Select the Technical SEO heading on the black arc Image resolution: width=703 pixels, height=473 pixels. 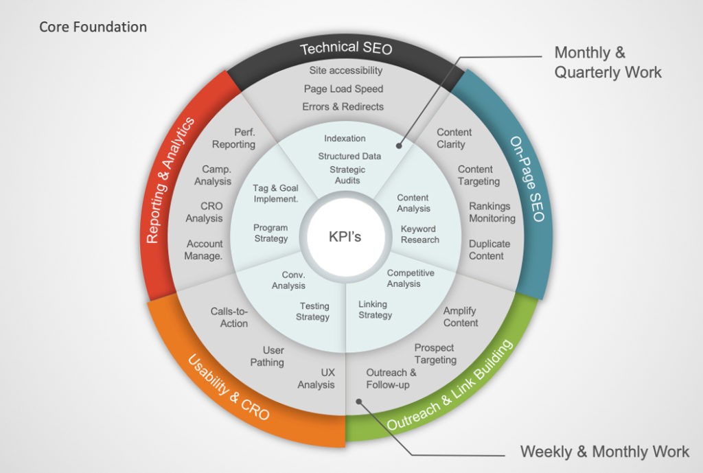(x=346, y=49)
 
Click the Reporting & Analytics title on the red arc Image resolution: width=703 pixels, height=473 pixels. (x=171, y=180)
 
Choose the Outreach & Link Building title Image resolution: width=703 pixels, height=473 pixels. (x=450, y=386)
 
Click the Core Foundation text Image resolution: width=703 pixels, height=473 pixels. (x=93, y=27)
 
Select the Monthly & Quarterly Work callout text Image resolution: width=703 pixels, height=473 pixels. (x=608, y=62)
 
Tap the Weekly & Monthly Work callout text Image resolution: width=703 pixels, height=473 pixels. (x=604, y=452)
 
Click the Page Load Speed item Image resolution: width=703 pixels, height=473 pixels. (x=343, y=89)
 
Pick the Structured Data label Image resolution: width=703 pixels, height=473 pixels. (x=349, y=156)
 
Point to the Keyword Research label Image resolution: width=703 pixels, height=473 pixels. (x=419, y=234)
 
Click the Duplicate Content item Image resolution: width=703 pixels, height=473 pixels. (x=489, y=250)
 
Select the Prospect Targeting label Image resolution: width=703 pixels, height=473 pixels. (x=435, y=354)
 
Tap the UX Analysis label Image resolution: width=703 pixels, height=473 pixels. (x=316, y=378)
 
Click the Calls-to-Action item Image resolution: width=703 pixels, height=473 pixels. (x=229, y=317)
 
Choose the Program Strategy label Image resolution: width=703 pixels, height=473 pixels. (x=270, y=233)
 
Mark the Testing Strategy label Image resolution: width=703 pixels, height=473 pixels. (x=313, y=312)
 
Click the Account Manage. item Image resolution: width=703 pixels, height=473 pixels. (x=204, y=250)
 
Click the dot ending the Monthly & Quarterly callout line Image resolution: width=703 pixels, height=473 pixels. (x=397, y=146)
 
